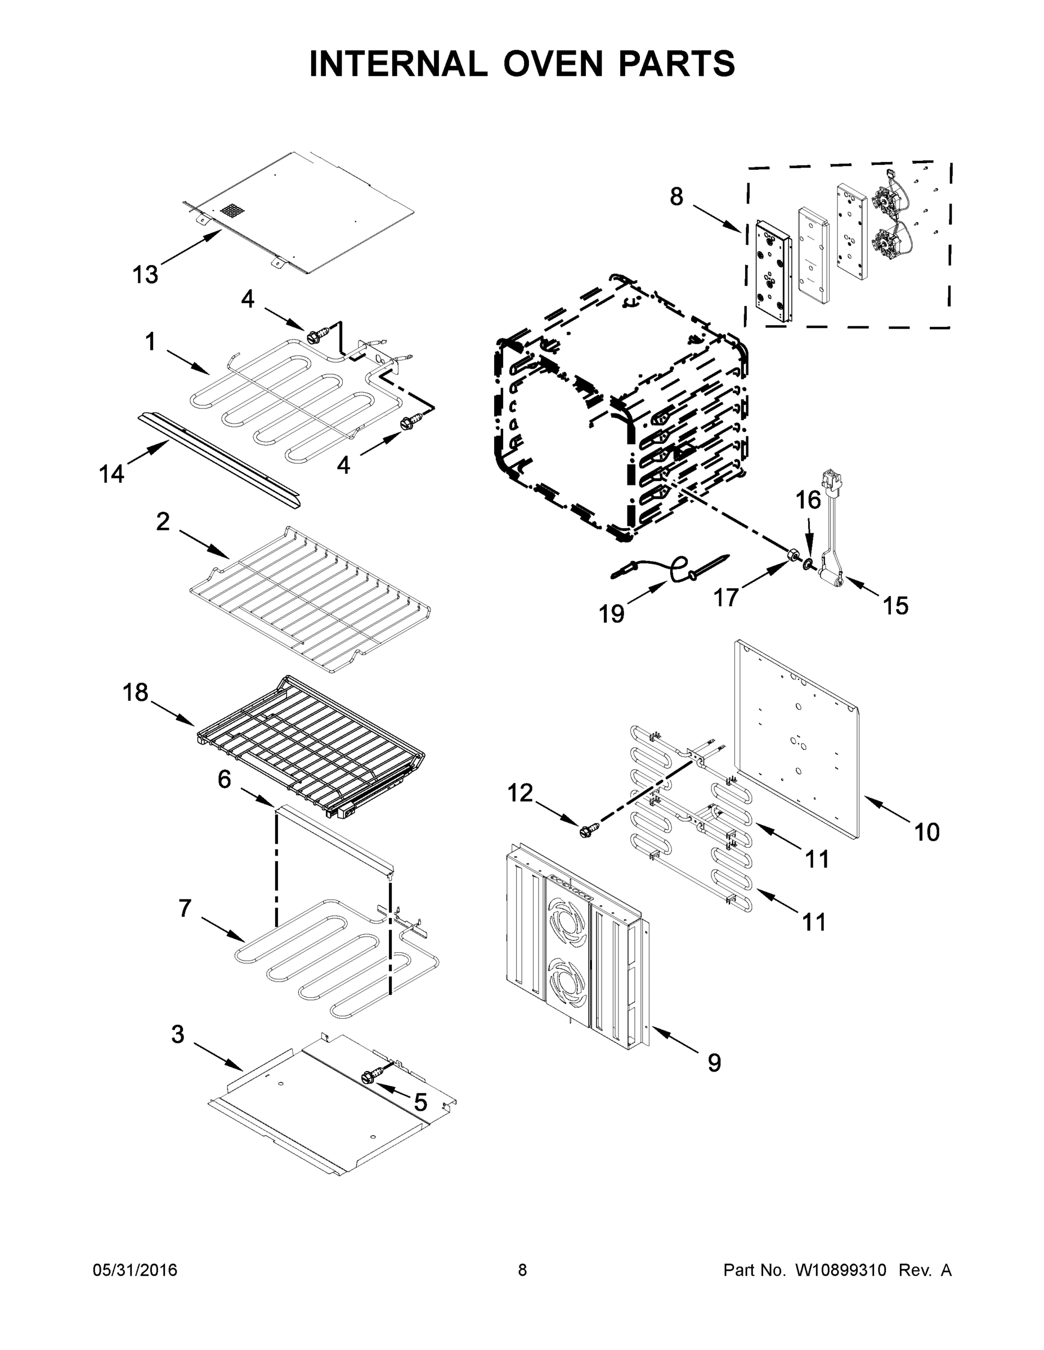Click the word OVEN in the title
click(552, 64)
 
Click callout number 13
click(145, 274)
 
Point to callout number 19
click(611, 614)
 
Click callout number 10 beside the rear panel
click(926, 832)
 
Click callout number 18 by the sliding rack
click(135, 692)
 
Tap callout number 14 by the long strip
click(111, 474)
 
